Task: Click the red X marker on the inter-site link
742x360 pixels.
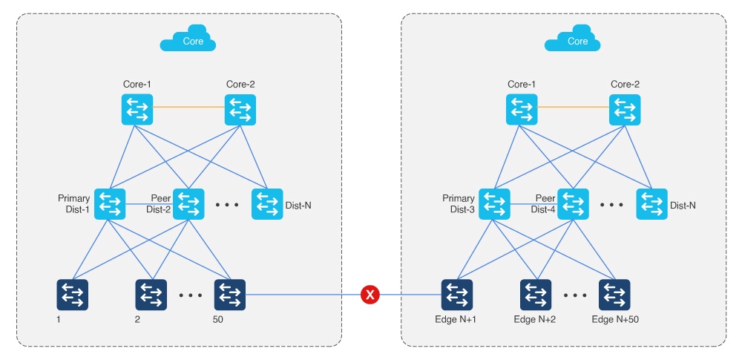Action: [370, 295]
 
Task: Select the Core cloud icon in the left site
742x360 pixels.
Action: [188, 42]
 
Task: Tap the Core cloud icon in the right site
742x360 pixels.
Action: [572, 42]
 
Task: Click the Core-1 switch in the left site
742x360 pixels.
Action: [137, 109]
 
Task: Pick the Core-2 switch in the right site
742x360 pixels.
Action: [625, 109]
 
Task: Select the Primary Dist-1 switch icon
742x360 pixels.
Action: [110, 203]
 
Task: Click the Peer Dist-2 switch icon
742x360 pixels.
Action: [188, 203]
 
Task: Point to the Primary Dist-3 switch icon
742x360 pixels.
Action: [494, 203]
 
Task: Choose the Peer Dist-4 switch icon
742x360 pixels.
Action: [573, 203]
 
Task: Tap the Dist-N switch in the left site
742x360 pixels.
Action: [267, 203]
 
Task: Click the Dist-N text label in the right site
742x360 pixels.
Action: [683, 204]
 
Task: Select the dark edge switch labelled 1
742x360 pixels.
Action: [73, 295]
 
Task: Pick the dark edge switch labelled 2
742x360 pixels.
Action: [151, 295]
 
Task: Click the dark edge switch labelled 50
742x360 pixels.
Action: [229, 295]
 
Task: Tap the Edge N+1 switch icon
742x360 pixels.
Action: [457, 295]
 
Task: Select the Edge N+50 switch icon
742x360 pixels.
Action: [614, 295]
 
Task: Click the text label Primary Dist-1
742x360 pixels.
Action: [74, 203]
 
